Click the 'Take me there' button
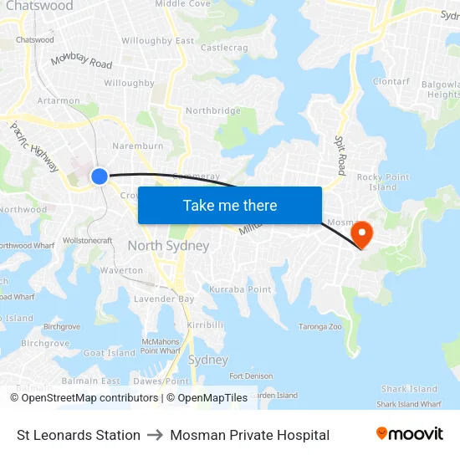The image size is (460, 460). tap(230, 205)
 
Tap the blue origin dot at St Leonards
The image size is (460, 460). tap(99, 176)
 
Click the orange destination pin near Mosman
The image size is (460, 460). tap(361, 232)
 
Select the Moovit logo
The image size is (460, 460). tap(409, 434)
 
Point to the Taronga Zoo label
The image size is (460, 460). tap(320, 326)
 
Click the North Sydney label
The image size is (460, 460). tap(168, 246)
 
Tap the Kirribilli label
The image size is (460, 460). tap(205, 324)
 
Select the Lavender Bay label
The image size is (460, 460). tap(164, 299)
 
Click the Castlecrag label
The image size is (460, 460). tap(224, 48)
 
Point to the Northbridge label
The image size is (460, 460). tap(213, 110)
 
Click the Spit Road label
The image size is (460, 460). tap(341, 151)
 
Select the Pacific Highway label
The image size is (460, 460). tap(34, 147)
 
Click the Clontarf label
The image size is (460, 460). tap(391, 81)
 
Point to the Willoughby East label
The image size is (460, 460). tap(157, 40)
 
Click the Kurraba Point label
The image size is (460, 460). tap(240, 289)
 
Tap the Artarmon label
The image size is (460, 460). tap(59, 100)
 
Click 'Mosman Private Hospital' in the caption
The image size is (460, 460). tap(249, 435)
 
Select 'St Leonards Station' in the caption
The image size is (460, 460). tap(79, 435)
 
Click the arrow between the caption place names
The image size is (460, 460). tap(156, 435)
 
